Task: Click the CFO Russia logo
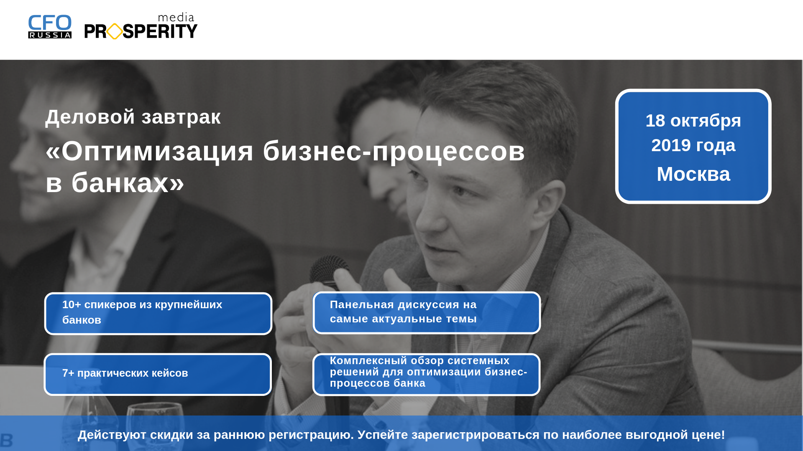[50, 27]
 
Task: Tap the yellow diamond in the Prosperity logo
[115, 31]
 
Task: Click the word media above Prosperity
[176, 18]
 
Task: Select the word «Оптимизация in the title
[150, 151]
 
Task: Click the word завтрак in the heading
[181, 117]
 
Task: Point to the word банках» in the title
[128, 182]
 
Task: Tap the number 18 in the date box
[655, 121]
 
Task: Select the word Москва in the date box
[693, 174]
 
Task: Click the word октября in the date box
[706, 121]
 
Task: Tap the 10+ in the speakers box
[72, 304]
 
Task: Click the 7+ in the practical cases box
[68, 373]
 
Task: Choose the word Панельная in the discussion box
[362, 304]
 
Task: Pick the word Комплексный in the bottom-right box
[368, 360]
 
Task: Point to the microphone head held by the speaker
[330, 270]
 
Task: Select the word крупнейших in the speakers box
[189, 305]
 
